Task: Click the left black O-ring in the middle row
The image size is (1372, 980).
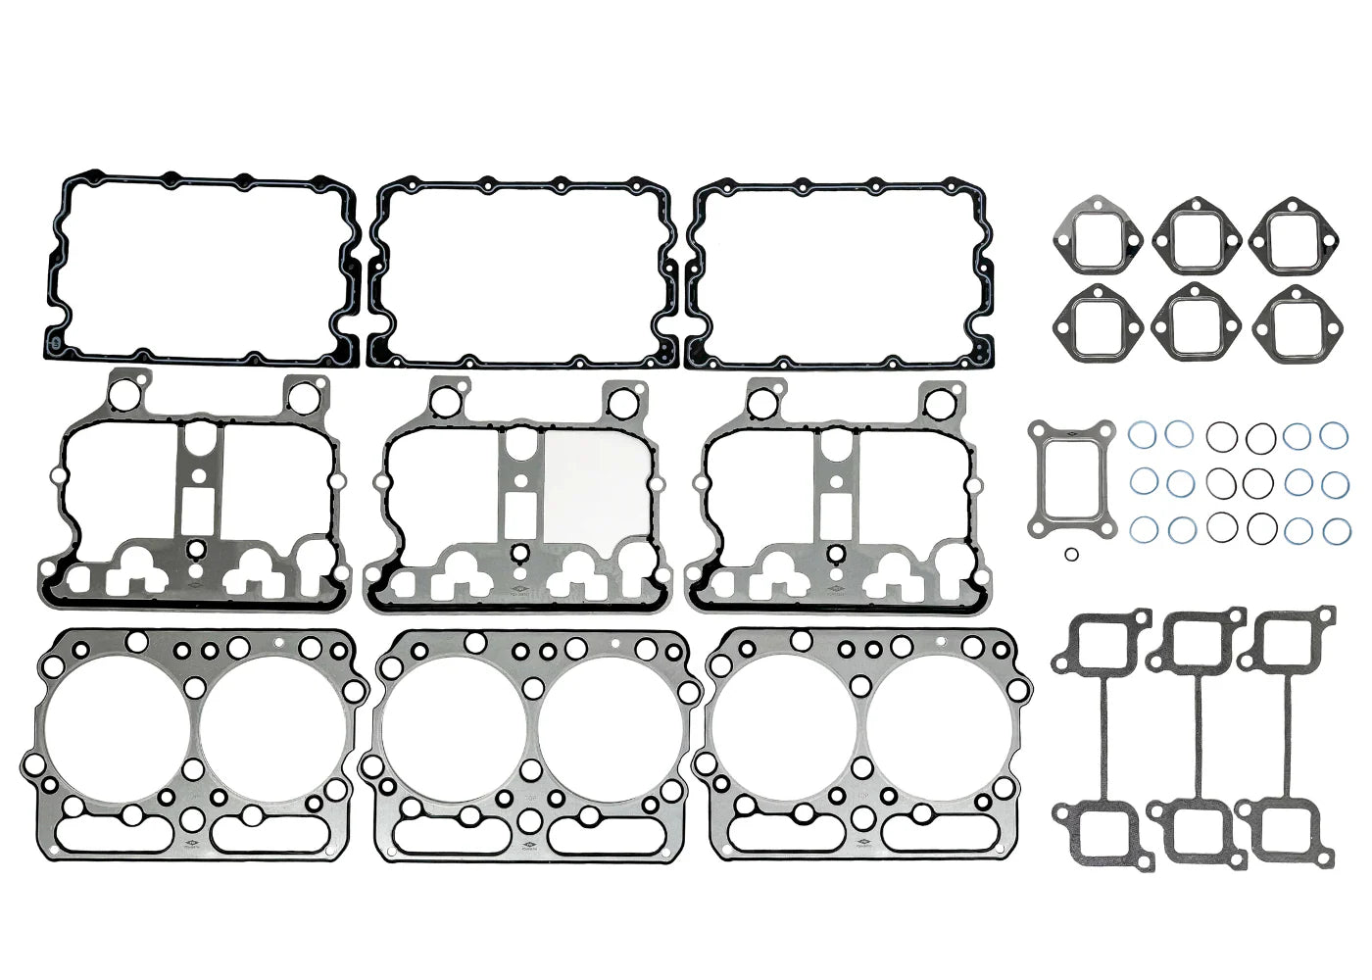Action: pos(1221,482)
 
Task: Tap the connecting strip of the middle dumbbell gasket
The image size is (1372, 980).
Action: pos(1196,735)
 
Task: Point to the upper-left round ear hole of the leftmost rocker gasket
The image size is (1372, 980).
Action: pos(124,395)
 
